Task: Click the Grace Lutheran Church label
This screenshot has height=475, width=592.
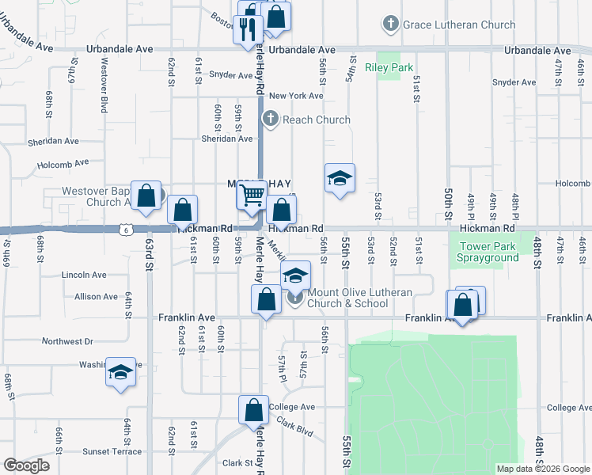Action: (x=459, y=25)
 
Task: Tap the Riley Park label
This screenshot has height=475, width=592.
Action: (x=389, y=67)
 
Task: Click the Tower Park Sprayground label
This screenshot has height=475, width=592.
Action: (x=489, y=251)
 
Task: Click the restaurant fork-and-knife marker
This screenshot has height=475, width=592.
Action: (x=248, y=29)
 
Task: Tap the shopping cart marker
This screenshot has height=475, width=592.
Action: (x=252, y=194)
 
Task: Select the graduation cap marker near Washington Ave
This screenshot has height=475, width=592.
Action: (x=120, y=374)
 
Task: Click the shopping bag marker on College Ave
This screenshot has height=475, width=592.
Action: (x=254, y=410)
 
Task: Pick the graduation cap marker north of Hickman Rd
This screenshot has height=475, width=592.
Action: (x=340, y=179)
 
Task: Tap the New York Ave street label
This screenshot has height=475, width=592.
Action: (x=296, y=96)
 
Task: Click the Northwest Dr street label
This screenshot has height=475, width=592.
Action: (x=67, y=341)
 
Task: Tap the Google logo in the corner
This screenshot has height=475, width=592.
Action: (x=26, y=465)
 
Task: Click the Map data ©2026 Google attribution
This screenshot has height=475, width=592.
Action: (x=542, y=469)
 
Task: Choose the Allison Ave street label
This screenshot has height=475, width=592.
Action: (x=97, y=296)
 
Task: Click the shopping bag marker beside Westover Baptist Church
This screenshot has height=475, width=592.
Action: (x=146, y=196)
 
